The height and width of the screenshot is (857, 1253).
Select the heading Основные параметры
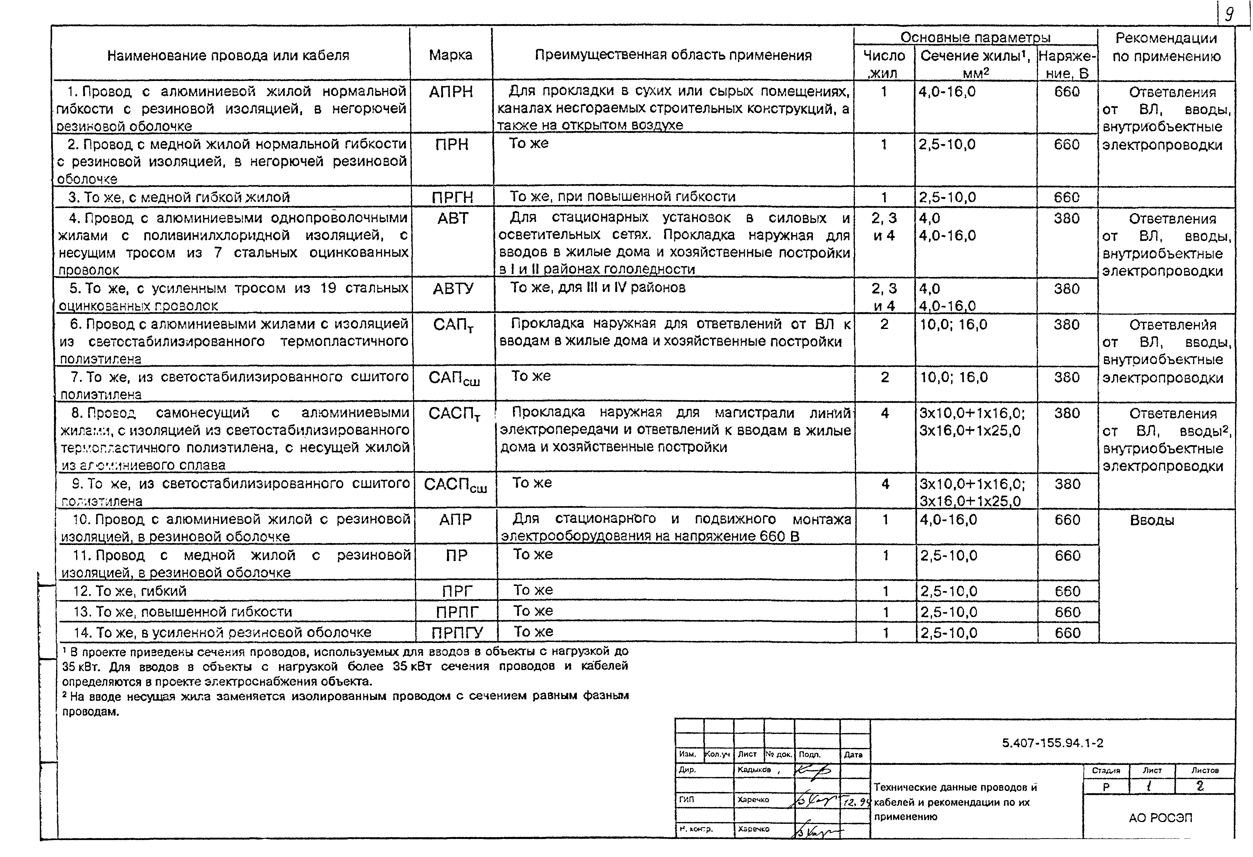coord(975,37)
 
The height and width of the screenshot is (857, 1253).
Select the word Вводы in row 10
coord(1152,521)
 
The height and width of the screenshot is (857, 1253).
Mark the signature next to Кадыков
coord(814,771)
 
